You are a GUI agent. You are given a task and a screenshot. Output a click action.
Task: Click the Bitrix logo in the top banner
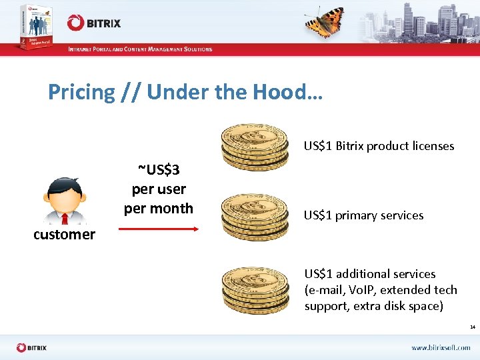click(94, 23)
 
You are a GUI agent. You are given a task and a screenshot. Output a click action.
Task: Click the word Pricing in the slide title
click(81, 92)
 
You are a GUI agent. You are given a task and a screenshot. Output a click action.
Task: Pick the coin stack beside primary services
click(254, 216)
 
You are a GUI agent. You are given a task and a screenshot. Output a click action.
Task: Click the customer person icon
click(64, 201)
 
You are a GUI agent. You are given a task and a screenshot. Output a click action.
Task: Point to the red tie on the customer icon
click(65, 218)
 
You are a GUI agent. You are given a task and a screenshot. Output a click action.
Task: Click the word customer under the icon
click(64, 235)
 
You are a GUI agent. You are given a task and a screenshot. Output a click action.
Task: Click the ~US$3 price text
click(159, 170)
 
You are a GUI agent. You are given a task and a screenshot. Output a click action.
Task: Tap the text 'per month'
click(159, 208)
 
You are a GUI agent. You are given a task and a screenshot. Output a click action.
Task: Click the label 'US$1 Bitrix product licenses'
click(379, 146)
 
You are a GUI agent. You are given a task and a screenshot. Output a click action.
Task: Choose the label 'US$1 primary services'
click(363, 215)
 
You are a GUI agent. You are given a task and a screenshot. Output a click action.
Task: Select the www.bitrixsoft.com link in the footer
click(441, 347)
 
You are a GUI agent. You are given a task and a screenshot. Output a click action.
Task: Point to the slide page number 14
click(472, 327)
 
